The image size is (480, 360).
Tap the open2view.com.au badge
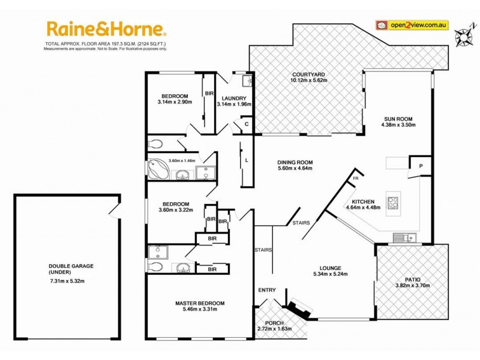click(412, 25)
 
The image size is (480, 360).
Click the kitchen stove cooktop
click(393, 203)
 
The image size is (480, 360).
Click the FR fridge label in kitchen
click(355, 178)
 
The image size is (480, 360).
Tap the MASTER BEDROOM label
click(200, 303)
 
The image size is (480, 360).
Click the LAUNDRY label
click(234, 98)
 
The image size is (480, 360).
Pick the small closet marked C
click(246, 125)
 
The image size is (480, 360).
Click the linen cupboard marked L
click(247, 161)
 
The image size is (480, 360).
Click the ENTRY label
click(267, 290)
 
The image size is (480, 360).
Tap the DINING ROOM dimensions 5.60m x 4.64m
click(295, 168)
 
